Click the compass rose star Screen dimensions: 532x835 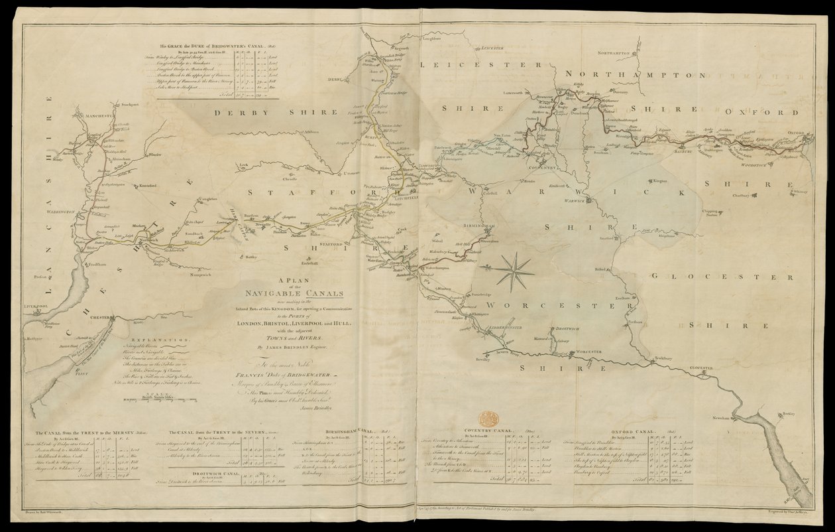click(515, 270)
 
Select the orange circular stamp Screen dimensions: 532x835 click(488, 419)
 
